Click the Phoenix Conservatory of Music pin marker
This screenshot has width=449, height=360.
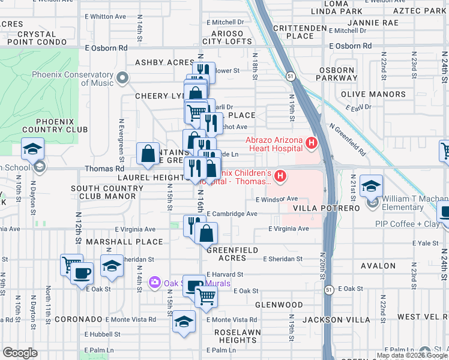(x=123, y=77)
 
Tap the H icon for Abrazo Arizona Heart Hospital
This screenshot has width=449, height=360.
(x=311, y=143)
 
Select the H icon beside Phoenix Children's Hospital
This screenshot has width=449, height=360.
(x=280, y=176)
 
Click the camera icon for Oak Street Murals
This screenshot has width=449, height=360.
(x=154, y=282)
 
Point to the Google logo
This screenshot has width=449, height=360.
(x=20, y=353)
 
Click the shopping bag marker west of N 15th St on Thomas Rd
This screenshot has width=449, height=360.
(x=148, y=154)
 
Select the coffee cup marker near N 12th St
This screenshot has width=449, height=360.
(x=82, y=274)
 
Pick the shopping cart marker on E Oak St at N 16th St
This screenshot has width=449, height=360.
(x=206, y=296)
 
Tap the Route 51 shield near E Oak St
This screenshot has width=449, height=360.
(x=329, y=290)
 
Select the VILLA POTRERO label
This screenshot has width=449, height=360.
(x=325, y=208)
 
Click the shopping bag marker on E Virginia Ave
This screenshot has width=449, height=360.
(x=206, y=232)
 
